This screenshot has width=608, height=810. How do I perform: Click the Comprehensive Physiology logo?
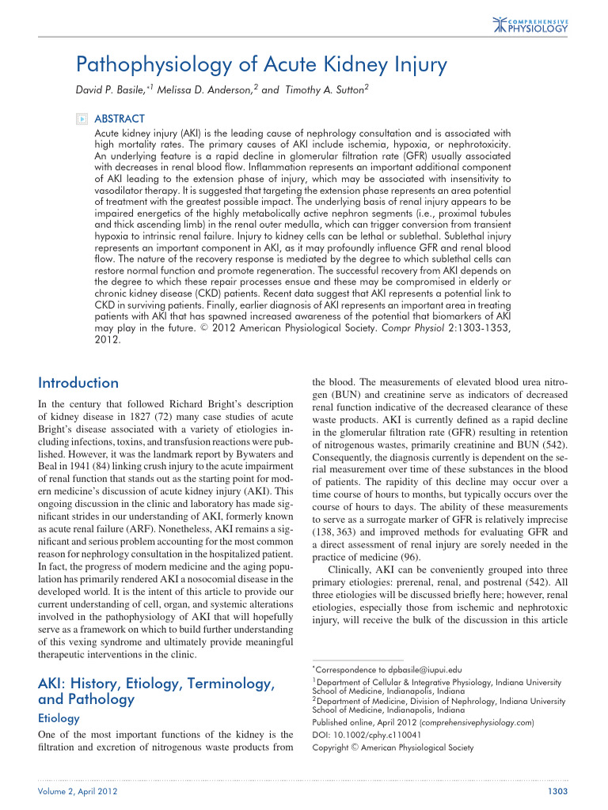point(530,24)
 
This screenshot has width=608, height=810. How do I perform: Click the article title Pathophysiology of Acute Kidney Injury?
point(261,63)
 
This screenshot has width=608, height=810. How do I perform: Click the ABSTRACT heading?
point(120,119)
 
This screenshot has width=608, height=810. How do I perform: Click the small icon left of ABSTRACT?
point(80,119)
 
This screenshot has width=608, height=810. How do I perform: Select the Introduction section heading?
point(78,383)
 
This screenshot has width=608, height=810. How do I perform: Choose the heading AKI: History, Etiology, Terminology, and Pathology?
point(157,691)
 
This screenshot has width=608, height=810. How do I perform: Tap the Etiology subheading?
point(59,718)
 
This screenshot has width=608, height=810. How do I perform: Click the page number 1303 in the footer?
point(559,792)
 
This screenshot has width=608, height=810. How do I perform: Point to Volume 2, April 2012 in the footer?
point(74,792)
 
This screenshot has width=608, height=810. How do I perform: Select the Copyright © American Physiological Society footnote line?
point(393,748)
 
